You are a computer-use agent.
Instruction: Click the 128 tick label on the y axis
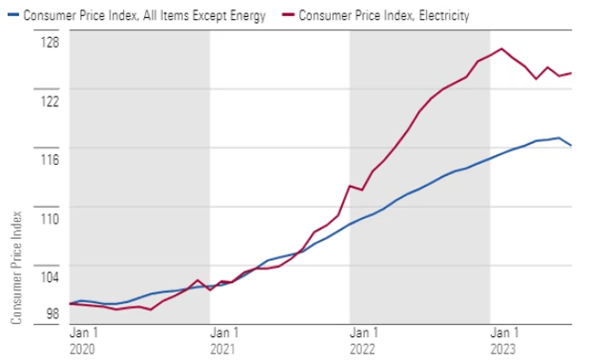[49, 43]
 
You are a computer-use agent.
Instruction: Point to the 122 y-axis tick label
[49, 101]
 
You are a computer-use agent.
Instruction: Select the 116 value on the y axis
[49, 160]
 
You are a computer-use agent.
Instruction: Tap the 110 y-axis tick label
[49, 219]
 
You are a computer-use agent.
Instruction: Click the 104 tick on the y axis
[49, 278]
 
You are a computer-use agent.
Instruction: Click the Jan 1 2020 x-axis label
[83, 341]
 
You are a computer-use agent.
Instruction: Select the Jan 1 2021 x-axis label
[223, 341]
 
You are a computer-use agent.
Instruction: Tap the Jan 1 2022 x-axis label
[363, 341]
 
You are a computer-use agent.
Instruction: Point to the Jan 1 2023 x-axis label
[504, 341]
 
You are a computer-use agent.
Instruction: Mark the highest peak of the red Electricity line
[501, 49]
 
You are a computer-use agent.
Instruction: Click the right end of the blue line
[571, 146]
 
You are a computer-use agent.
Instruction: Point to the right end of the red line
[571, 73]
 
